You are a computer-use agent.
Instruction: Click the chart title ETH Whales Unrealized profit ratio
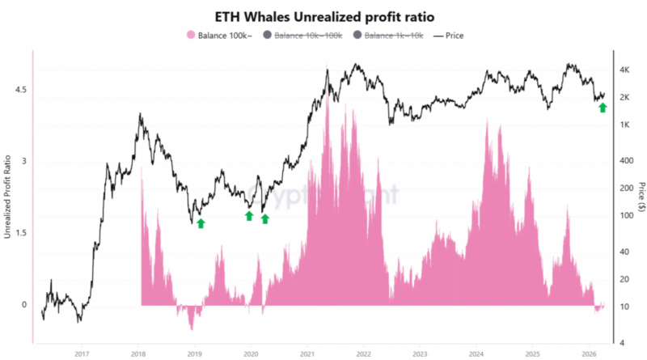click(x=323, y=16)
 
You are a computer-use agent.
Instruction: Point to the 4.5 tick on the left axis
click(x=19, y=90)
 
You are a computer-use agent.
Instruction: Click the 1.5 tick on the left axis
click(x=19, y=233)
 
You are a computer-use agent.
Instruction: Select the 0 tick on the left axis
click(x=23, y=305)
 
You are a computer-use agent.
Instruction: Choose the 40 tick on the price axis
click(x=624, y=252)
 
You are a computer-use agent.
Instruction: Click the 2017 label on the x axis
click(x=82, y=354)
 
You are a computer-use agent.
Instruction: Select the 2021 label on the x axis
click(x=307, y=354)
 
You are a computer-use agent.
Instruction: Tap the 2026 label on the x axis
click(x=589, y=354)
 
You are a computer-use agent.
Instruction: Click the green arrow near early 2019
click(x=201, y=222)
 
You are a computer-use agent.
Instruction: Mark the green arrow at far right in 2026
click(x=603, y=107)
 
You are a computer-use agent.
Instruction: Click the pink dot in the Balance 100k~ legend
click(x=191, y=36)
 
